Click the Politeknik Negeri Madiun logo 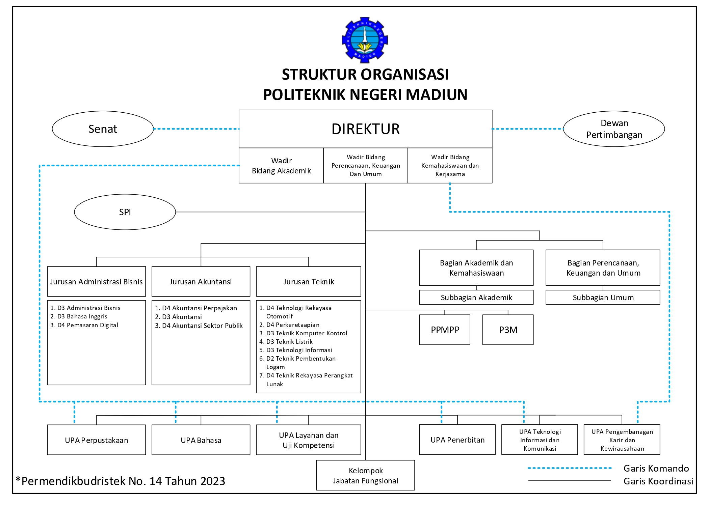tap(365, 40)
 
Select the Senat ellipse tap(103, 129)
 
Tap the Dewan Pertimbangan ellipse tap(614, 129)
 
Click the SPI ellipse tap(125, 212)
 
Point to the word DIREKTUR tap(365, 129)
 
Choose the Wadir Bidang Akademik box tap(281, 166)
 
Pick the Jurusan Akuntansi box tap(201, 282)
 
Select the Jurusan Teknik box tap(309, 282)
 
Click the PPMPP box tap(445, 330)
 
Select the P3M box tap(508, 330)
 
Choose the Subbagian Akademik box tap(476, 298)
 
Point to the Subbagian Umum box tap(603, 298)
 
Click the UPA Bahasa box tap(201, 440)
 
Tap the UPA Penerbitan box tap(457, 440)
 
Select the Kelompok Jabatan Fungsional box tap(365, 476)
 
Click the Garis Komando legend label tap(656, 468)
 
